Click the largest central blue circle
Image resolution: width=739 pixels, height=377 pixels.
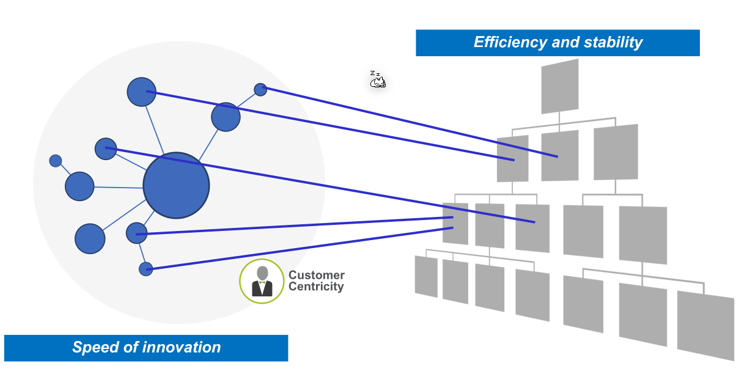click(x=176, y=185)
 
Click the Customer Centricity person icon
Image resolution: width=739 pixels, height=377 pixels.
click(x=262, y=281)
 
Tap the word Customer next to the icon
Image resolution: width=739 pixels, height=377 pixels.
click(x=316, y=276)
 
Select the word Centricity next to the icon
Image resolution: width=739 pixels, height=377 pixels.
click(x=316, y=287)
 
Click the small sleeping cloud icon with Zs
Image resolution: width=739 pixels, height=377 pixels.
click(x=378, y=80)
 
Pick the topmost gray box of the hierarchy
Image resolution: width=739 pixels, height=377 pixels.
click(x=559, y=86)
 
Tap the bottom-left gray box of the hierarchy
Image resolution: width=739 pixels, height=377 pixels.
click(x=426, y=276)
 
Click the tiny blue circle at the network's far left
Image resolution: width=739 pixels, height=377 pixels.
click(x=56, y=161)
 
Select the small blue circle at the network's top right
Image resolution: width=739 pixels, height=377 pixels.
click(x=260, y=89)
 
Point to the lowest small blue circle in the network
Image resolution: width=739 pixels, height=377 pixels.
click(x=145, y=269)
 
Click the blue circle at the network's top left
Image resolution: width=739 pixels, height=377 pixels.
click(x=142, y=92)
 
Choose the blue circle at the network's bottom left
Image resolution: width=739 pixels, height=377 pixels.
click(x=90, y=238)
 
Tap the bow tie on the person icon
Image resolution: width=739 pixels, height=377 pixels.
click(x=262, y=282)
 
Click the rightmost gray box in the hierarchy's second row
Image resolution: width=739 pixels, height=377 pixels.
click(x=616, y=152)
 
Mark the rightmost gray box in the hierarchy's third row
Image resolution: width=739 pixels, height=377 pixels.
click(x=642, y=235)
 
